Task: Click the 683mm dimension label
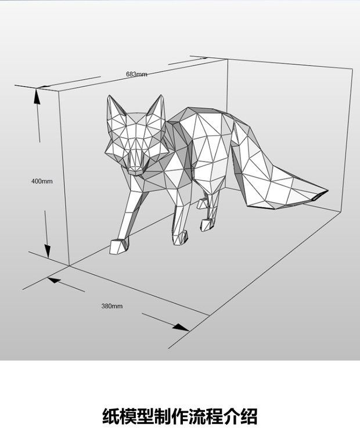point(136,74)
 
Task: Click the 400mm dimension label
point(42,181)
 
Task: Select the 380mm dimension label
point(112,306)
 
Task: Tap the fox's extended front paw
point(118,246)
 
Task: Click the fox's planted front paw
point(181,236)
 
